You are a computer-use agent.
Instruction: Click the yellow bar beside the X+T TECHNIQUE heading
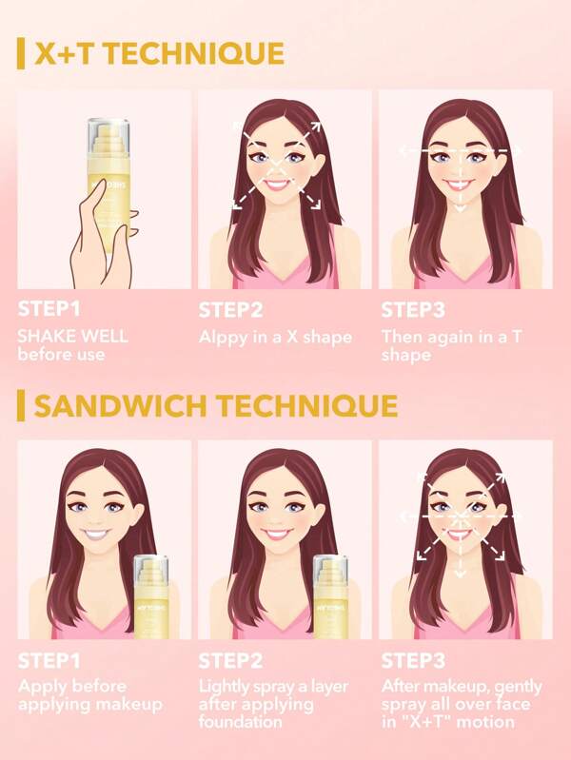click(x=21, y=54)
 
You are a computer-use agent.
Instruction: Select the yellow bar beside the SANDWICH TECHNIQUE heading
click(x=21, y=406)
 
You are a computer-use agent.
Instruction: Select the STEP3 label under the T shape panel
click(x=408, y=310)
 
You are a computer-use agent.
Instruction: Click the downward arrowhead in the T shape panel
click(x=460, y=207)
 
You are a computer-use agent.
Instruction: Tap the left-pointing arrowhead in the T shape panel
click(x=402, y=150)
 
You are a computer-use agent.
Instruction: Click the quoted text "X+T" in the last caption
click(x=412, y=722)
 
